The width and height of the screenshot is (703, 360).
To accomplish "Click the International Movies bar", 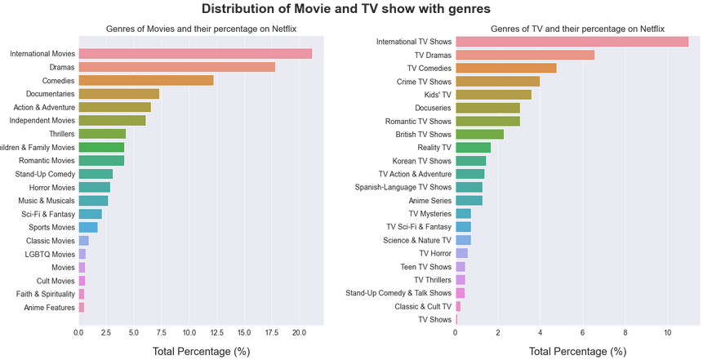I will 195,54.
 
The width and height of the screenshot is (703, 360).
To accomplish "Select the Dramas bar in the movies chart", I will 176,67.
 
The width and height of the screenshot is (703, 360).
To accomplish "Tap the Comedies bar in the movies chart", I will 146,81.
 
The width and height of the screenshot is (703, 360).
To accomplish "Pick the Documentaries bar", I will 118,94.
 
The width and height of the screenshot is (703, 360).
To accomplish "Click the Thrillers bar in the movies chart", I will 102,134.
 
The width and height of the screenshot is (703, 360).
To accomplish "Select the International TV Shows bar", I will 572,42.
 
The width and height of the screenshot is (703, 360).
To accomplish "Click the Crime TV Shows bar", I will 497,82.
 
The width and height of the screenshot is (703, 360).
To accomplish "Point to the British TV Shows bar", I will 479,135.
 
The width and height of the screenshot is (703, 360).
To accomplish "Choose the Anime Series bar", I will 469,201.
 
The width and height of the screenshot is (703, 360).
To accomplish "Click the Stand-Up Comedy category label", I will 45,174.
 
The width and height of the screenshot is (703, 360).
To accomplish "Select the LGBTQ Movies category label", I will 47,254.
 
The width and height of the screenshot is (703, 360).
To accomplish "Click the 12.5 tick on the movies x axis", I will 216,333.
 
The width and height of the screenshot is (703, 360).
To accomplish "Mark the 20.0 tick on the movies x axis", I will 299,333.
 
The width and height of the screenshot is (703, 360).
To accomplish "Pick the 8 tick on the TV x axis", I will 625,333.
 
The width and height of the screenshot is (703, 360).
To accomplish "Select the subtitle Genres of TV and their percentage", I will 577,29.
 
